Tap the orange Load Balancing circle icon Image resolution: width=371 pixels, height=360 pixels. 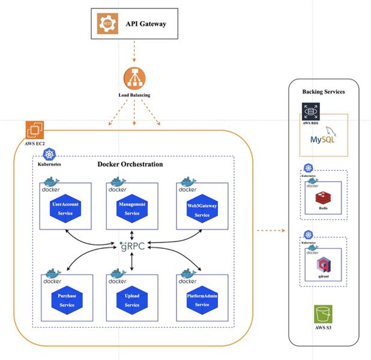pyautogui.click(x=134, y=79)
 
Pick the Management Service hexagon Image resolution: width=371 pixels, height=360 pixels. pyautogui.click(x=131, y=209)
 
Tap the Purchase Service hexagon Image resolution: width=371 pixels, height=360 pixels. pyautogui.click(x=67, y=299)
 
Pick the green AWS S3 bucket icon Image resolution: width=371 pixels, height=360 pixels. pyautogui.click(x=324, y=316)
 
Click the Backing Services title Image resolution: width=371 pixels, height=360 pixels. pyautogui.click(x=324, y=92)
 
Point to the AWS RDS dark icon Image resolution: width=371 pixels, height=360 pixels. pyautogui.click(x=311, y=112)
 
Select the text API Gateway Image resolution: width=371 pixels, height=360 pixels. pyautogui.click(x=145, y=24)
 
